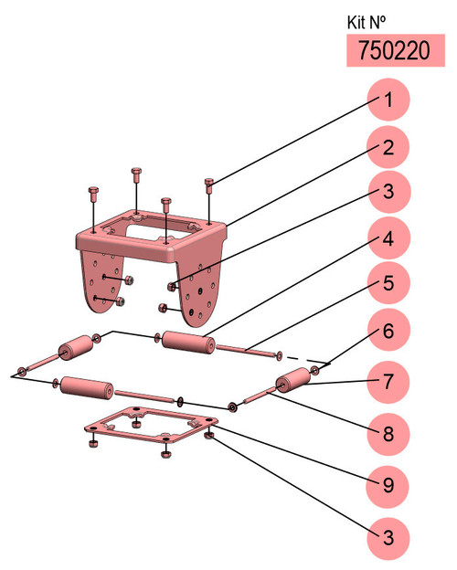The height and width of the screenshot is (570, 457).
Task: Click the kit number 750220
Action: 394,50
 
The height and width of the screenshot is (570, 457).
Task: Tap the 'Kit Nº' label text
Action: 366,23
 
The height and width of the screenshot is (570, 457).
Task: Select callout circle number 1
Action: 388,100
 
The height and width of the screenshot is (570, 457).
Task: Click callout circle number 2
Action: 388,147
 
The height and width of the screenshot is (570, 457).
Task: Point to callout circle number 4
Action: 388,238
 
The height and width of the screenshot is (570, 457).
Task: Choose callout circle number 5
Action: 388,283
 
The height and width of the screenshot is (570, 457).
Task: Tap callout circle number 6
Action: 388,330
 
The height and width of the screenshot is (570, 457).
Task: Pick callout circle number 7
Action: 388,382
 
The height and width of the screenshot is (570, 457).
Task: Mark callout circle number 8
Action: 388,434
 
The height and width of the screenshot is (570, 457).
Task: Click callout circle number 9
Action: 388,486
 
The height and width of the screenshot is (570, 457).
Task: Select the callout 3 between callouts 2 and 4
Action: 388,191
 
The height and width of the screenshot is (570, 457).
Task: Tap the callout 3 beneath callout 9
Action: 388,538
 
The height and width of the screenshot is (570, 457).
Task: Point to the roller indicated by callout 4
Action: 188,342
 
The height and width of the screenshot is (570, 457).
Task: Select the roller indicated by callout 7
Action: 292,380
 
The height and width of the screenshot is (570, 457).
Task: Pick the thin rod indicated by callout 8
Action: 259,396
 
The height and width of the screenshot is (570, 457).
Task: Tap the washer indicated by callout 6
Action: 315,371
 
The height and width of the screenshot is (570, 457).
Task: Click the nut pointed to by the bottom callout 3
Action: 209,435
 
